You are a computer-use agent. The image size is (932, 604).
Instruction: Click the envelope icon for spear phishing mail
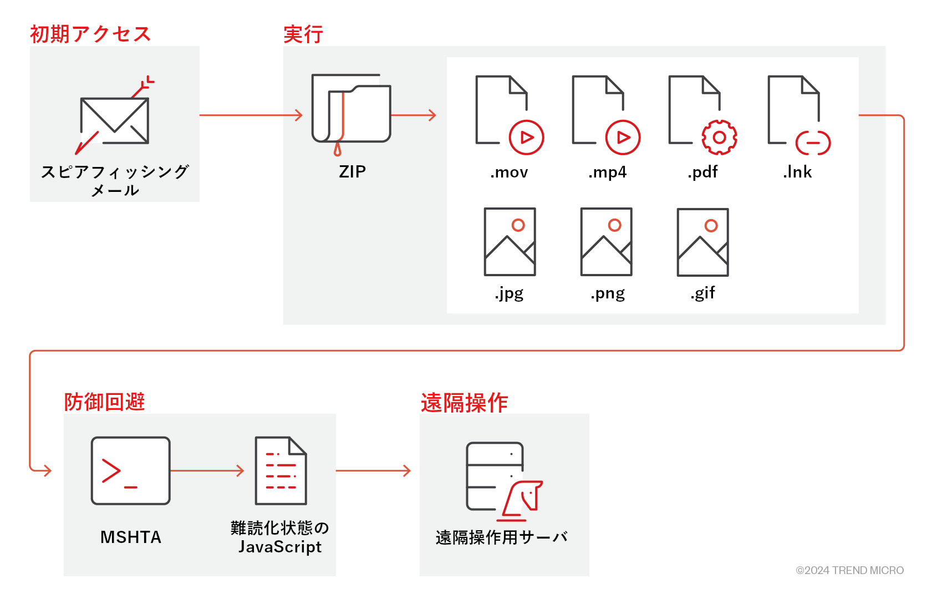click(115, 120)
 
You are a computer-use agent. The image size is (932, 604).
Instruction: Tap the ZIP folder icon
click(352, 109)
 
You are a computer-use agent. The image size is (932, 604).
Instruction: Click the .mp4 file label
click(607, 172)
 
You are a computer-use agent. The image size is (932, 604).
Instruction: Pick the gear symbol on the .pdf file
click(719, 137)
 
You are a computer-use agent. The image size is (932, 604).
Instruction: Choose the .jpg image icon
click(510, 242)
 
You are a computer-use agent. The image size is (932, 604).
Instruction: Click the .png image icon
click(606, 242)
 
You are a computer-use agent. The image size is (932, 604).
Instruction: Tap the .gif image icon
click(702, 242)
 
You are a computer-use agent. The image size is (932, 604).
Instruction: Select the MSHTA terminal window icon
click(131, 471)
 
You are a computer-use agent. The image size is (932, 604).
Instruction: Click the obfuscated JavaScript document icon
click(281, 471)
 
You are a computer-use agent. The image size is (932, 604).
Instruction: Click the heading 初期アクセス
click(90, 34)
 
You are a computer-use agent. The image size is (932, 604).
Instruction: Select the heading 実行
click(303, 34)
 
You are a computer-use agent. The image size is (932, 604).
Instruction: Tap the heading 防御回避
click(104, 402)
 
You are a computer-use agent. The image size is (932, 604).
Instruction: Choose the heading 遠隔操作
click(464, 403)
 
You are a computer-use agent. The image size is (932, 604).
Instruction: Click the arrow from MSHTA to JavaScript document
click(207, 471)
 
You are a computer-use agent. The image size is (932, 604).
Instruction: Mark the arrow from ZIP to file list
click(414, 115)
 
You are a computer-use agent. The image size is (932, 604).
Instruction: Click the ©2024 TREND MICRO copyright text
click(849, 570)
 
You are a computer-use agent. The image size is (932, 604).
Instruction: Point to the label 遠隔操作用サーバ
click(502, 537)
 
